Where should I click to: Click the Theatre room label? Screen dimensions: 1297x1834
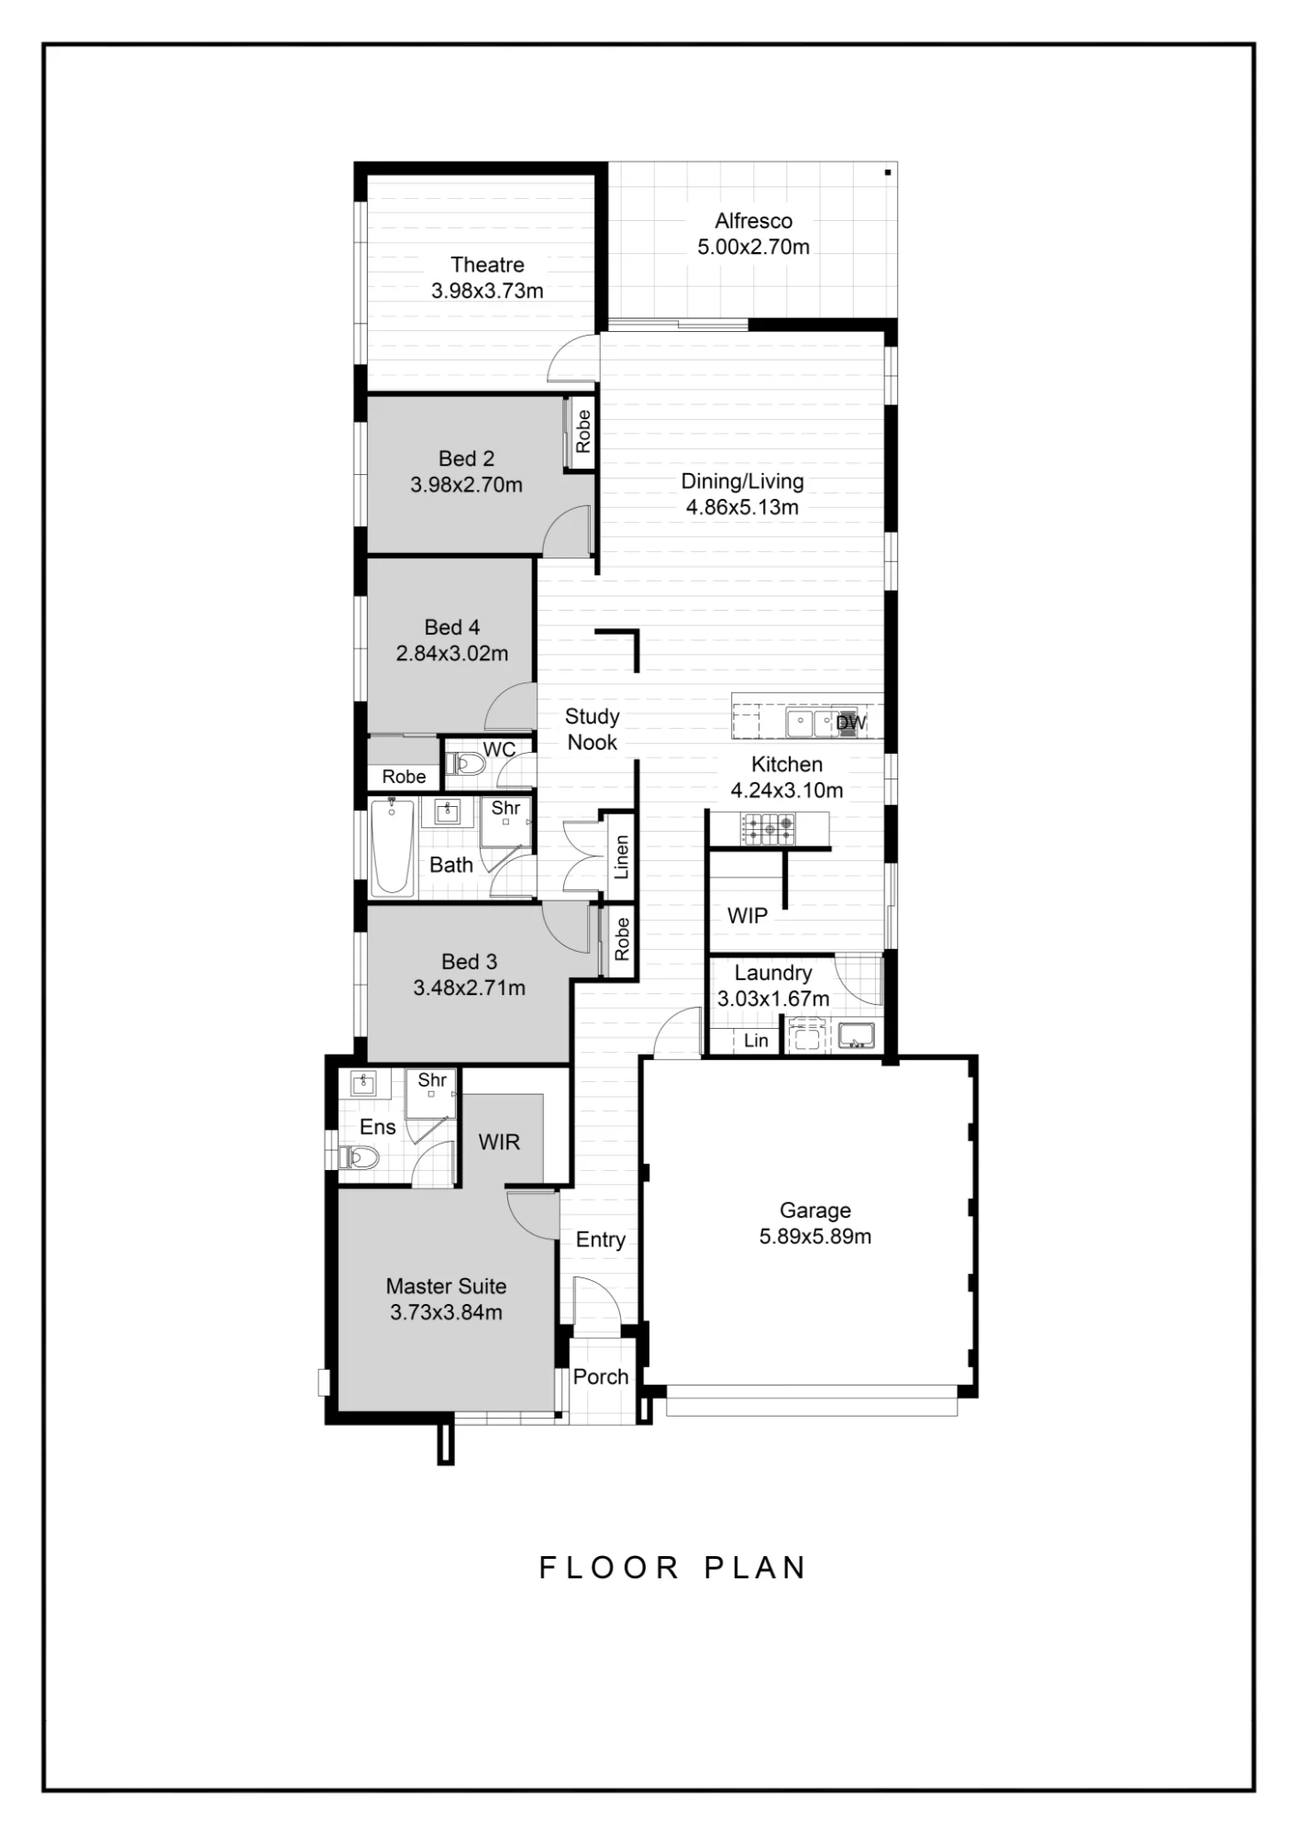[x=487, y=265]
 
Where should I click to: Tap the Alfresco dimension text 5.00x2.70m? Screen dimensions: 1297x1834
[x=753, y=247]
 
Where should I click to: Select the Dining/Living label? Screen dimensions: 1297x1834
[x=742, y=481]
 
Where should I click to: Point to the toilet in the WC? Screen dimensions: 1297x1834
[x=466, y=764]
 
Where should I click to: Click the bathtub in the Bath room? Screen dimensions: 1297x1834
[x=392, y=846]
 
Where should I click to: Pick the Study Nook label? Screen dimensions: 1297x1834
[x=593, y=729]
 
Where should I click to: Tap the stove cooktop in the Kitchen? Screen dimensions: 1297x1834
[x=768, y=829]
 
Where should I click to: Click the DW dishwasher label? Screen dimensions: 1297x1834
[x=851, y=723]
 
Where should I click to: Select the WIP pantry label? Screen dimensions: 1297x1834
[x=748, y=915]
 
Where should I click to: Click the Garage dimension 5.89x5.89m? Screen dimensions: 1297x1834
[x=815, y=1236]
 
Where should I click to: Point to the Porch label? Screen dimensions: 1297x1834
[x=601, y=1376]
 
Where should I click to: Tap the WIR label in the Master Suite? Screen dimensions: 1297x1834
[x=499, y=1142]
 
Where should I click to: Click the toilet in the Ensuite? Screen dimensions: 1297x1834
[x=360, y=1158]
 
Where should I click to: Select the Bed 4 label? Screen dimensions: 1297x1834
[x=451, y=627]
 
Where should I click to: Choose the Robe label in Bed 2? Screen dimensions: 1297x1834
[x=582, y=431]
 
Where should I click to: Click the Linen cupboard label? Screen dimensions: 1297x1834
[x=622, y=856]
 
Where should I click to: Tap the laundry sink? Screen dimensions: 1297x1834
[x=856, y=1036]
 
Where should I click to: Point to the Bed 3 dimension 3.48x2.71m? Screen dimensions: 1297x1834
[x=469, y=988]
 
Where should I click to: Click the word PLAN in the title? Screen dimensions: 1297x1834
[x=755, y=1567]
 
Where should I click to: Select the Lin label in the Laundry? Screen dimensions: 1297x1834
[x=756, y=1040]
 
